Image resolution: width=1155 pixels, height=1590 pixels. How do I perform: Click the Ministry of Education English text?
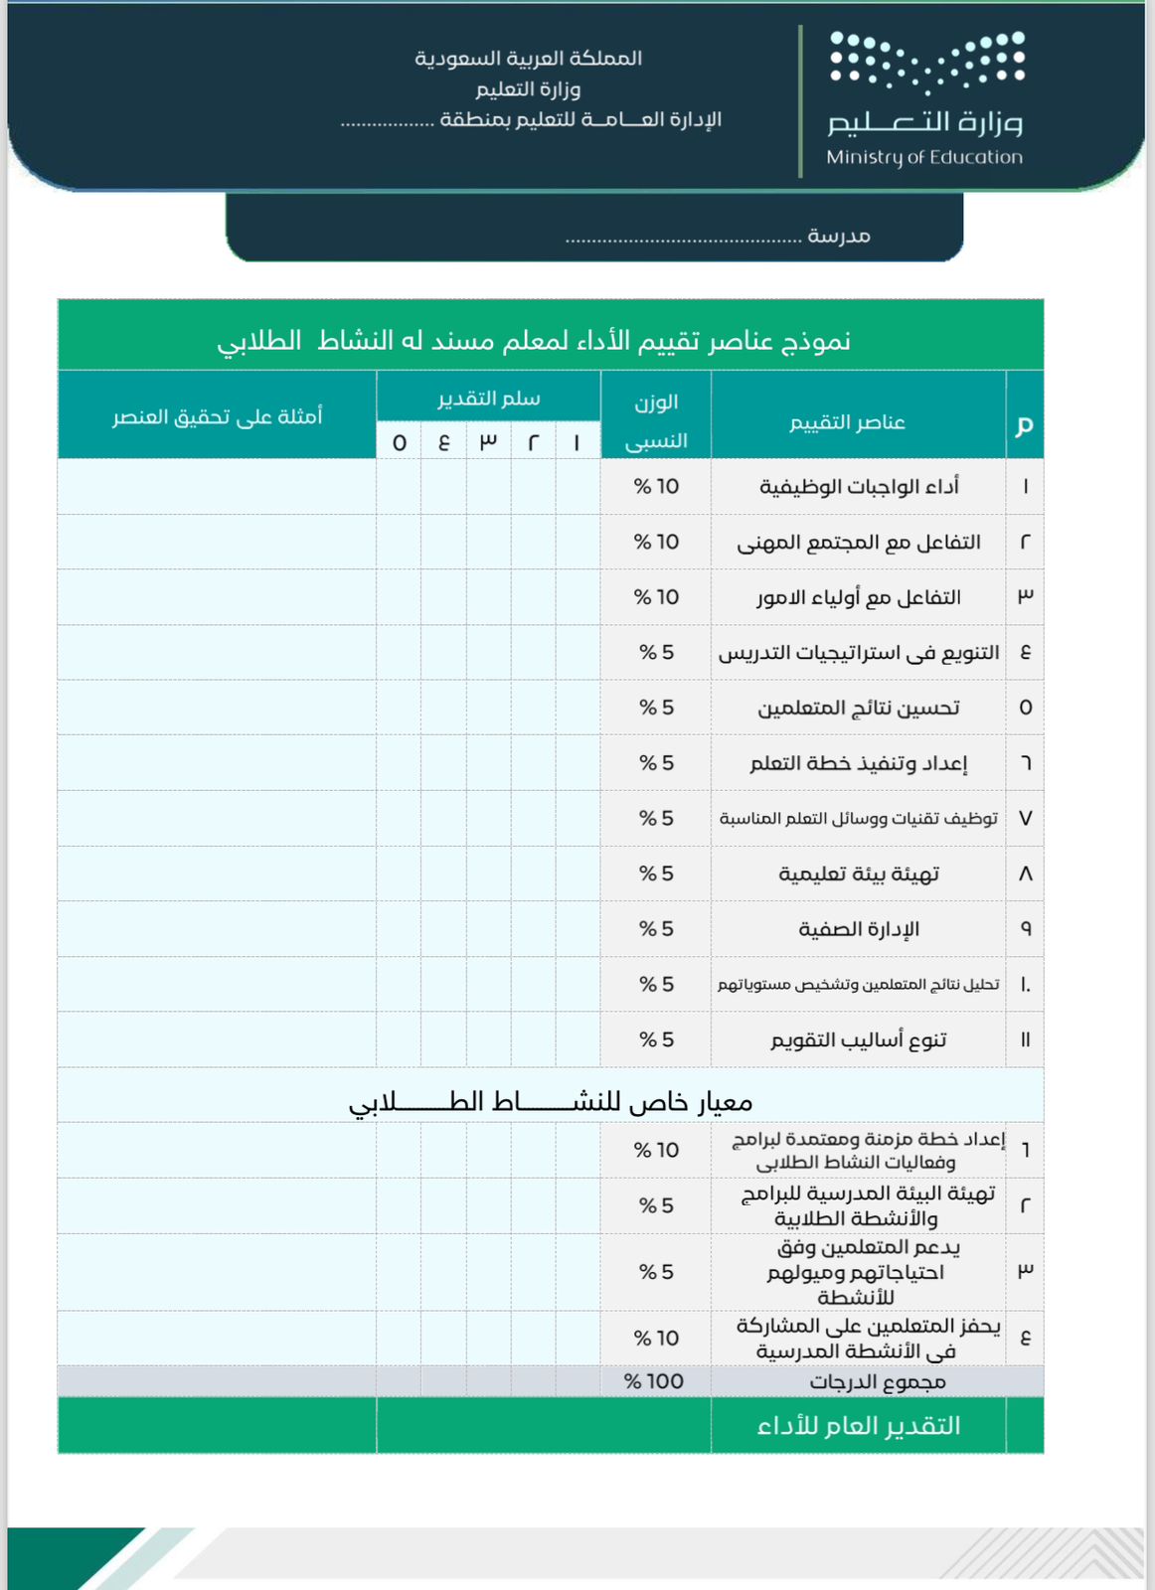[923, 157]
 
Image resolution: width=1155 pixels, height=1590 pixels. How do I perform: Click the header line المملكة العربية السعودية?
[528, 59]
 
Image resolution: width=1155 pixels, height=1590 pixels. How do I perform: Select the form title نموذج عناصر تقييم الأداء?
[534, 341]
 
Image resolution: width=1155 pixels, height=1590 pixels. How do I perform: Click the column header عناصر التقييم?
[847, 422]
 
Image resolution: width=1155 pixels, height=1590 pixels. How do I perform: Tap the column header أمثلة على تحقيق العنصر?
[217, 416]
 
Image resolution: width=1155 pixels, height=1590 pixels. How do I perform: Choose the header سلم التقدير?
[488, 398]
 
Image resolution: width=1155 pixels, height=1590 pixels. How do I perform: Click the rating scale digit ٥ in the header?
[399, 442]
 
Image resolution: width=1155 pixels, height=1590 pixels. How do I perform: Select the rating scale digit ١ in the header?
[577, 442]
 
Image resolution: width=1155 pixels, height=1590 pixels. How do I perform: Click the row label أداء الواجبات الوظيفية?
[859, 486]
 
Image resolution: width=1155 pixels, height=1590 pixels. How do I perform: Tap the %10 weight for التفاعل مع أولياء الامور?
[656, 597]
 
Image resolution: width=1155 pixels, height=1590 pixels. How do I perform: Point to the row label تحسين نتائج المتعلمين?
[859, 708]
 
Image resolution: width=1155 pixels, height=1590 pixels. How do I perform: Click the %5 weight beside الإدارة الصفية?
[656, 928]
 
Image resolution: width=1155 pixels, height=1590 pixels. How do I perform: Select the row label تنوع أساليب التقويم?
[859, 1039]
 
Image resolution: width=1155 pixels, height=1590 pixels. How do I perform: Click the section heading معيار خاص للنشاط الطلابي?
[550, 1101]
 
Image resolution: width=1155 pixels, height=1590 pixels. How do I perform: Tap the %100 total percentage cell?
[653, 1381]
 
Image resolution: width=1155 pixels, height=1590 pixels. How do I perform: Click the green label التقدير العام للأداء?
[859, 1426]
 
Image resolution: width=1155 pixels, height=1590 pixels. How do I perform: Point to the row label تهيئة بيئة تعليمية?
[859, 874]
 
